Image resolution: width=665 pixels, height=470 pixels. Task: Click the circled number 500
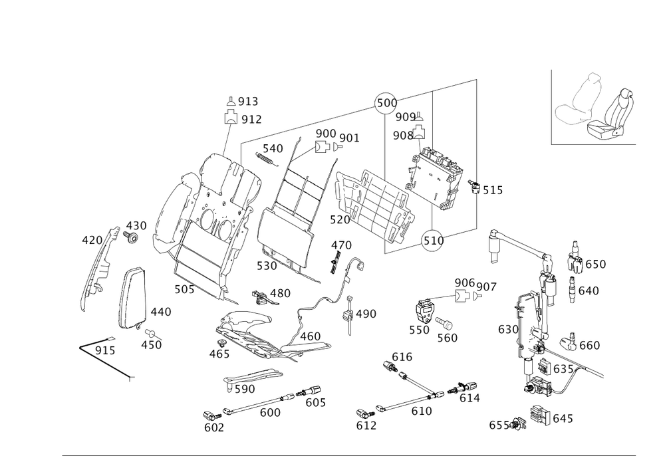pyautogui.click(x=386, y=103)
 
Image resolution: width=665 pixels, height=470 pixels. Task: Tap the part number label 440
pyautogui.click(x=161, y=312)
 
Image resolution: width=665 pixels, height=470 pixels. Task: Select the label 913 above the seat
pyautogui.click(x=249, y=102)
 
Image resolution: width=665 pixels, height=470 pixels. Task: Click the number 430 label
pyautogui.click(x=136, y=225)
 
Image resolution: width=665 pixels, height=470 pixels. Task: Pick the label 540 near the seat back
pyautogui.click(x=273, y=148)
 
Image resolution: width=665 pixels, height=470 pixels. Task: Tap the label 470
pyautogui.click(x=340, y=245)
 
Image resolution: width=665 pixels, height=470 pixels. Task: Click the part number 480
pyautogui.click(x=279, y=293)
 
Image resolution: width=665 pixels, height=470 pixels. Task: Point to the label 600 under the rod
pyautogui.click(x=270, y=413)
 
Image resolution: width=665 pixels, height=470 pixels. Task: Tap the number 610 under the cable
pyautogui.click(x=422, y=411)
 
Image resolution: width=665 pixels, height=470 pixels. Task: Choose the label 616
pyautogui.click(x=402, y=358)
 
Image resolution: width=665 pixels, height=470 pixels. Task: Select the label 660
pyautogui.click(x=589, y=346)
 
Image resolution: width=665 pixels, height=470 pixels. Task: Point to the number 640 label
pyautogui.click(x=589, y=291)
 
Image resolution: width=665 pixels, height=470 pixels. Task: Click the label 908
pyautogui.click(x=402, y=136)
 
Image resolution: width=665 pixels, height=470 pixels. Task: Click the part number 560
pyautogui.click(x=448, y=338)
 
